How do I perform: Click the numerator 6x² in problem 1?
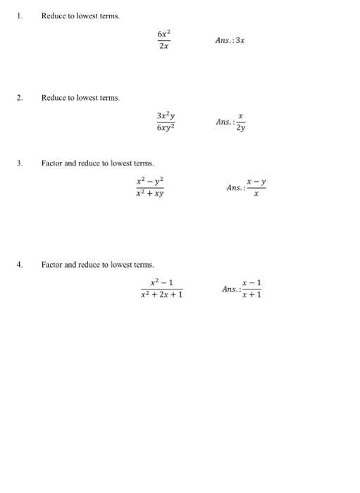(163, 34)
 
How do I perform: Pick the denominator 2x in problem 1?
(163, 46)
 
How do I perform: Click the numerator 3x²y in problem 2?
(166, 116)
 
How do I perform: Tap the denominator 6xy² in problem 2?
(166, 129)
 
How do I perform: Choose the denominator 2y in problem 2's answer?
(241, 129)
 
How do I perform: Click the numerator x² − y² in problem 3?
(150, 181)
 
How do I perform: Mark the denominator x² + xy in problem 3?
(150, 194)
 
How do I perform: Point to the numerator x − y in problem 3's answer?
(256, 182)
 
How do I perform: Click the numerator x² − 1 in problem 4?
(162, 282)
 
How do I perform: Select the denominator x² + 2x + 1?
(162, 296)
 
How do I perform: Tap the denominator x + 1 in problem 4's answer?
(252, 296)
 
